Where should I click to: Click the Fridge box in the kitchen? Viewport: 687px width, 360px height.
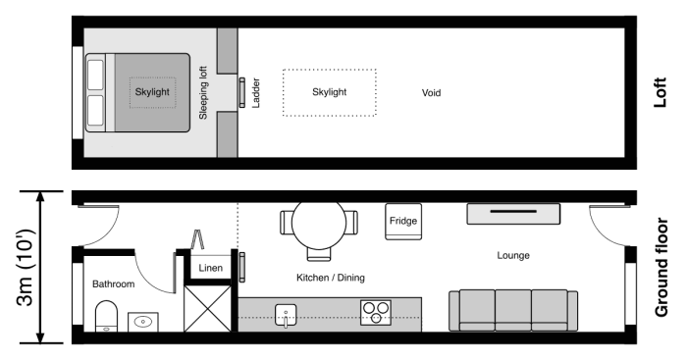pos(403,222)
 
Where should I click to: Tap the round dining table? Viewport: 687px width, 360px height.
pos(319,225)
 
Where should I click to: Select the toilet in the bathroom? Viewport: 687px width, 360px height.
pos(105,317)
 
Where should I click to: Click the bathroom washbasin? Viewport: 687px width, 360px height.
pos(143,320)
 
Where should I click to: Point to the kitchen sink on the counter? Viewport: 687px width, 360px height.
pos(286,314)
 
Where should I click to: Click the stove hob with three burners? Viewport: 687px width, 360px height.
pos(375,313)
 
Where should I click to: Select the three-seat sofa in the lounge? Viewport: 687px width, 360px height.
pos(506,310)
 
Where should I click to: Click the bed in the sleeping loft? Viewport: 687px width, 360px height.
pos(137,93)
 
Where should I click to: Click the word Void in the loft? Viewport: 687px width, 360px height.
pos(429,94)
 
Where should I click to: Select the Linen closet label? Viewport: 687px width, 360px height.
pos(210,268)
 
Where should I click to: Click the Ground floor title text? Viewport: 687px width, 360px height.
pos(661,268)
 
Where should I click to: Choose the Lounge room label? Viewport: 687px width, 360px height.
pos(512,255)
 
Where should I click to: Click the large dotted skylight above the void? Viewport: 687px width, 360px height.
pos(329,92)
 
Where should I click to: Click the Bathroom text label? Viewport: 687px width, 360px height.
pos(113,283)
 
